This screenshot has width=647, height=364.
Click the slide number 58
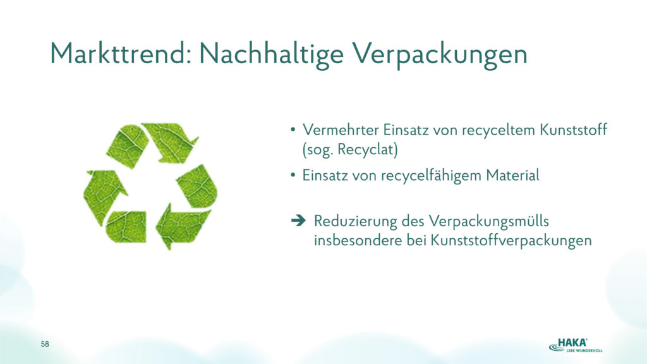tap(45, 344)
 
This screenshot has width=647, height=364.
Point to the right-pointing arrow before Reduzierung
tap(298, 221)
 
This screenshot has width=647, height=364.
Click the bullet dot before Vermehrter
tap(293, 130)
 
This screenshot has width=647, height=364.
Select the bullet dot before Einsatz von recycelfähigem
tap(293, 176)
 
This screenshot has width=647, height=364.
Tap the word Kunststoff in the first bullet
tap(574, 130)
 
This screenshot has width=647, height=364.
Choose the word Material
tap(513, 176)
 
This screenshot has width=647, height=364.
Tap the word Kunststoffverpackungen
tap(511, 241)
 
